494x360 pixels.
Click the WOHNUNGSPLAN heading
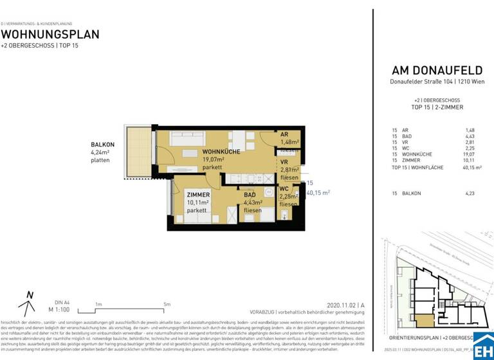tap(50, 34)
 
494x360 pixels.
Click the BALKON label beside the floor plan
tap(102, 145)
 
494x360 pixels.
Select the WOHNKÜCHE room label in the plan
tap(203, 152)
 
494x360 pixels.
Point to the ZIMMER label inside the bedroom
tap(198, 195)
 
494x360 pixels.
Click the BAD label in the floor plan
tap(250, 195)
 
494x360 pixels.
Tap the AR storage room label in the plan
tap(284, 134)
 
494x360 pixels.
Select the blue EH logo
tap(483, 346)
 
